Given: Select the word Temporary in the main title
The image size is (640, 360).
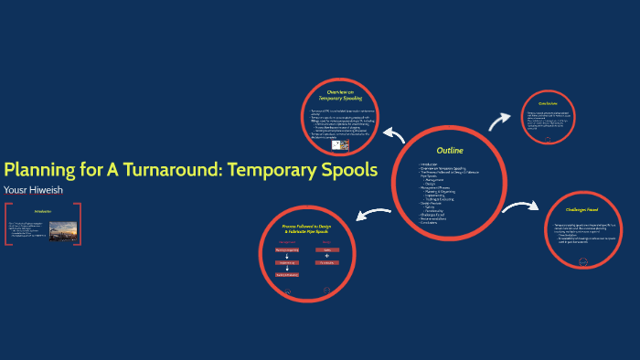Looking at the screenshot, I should coord(270,170).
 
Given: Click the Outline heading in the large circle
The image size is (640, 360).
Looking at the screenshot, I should coord(450,150).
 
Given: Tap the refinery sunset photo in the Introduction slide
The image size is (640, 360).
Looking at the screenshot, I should coord(63,230).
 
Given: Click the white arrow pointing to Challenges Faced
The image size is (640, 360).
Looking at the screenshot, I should coord(518,208).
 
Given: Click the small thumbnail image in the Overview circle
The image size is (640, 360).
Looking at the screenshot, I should coord(337,144).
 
